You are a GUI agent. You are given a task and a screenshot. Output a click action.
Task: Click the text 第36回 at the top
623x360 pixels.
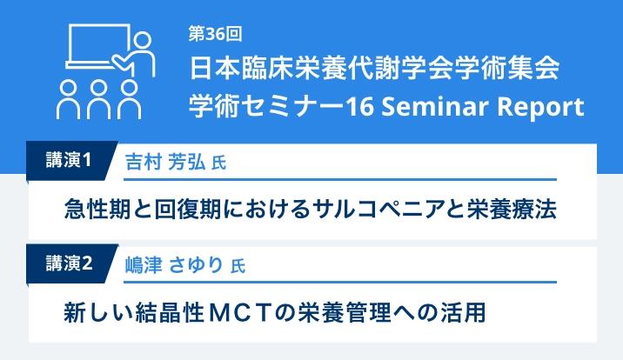coord(215,34)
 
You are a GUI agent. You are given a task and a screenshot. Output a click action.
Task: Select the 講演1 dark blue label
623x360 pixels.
coord(69,160)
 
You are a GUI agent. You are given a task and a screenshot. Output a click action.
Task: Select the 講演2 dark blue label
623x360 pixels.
coord(69,263)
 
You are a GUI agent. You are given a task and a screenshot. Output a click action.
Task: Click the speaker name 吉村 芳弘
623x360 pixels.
coord(165,162)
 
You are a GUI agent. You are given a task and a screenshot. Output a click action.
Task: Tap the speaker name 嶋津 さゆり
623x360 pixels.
coord(174,265)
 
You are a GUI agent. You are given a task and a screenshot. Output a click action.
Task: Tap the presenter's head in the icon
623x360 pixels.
coord(142,41)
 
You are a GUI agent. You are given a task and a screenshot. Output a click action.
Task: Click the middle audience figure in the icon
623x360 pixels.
coord(98,99)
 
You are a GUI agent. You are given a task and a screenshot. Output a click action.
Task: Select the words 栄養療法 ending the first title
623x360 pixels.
coord(512,209)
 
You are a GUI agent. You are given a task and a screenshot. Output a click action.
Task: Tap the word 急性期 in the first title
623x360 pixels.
coord(97,209)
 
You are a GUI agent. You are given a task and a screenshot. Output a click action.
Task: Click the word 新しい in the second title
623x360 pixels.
coord(98,312)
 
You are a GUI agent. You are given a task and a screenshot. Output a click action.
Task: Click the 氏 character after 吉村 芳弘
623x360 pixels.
coord(219,163)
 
